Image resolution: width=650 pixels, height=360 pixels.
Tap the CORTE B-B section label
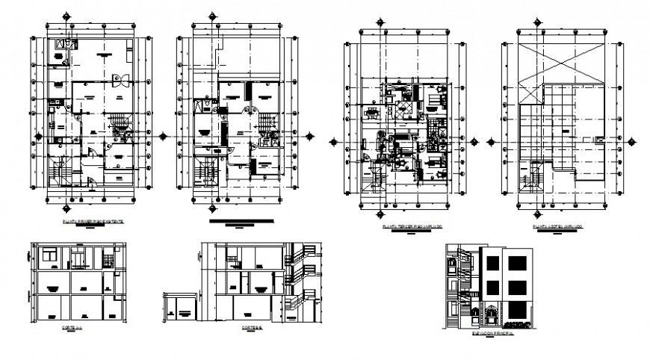(x=252, y=327)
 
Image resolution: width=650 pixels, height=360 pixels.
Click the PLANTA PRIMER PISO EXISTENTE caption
(x=93, y=223)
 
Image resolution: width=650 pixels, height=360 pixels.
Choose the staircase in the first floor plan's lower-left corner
(x=58, y=176)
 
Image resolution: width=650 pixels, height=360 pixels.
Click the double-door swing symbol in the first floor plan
(x=117, y=81)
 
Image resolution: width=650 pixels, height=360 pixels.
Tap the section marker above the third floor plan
(x=380, y=22)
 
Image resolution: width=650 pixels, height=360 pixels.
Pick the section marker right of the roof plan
(x=631, y=140)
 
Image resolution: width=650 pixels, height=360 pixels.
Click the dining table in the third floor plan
(x=371, y=114)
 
